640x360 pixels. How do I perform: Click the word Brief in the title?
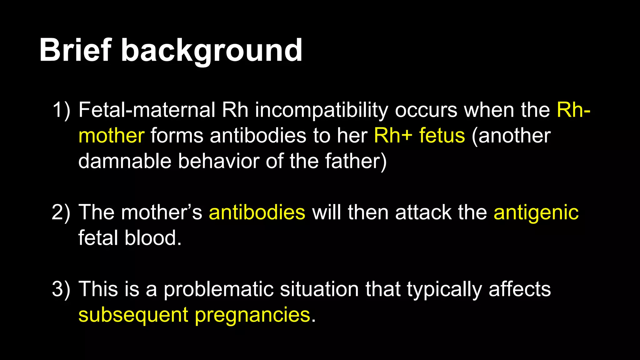75,50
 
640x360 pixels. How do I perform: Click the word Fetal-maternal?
147,110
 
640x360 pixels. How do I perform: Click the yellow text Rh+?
393,136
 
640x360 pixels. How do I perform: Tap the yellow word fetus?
442,136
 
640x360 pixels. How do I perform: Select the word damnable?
125,162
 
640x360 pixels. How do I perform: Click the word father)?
356,162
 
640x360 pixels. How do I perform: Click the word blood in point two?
153,238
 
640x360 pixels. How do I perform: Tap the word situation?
319,289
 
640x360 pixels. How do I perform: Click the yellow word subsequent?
133,315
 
